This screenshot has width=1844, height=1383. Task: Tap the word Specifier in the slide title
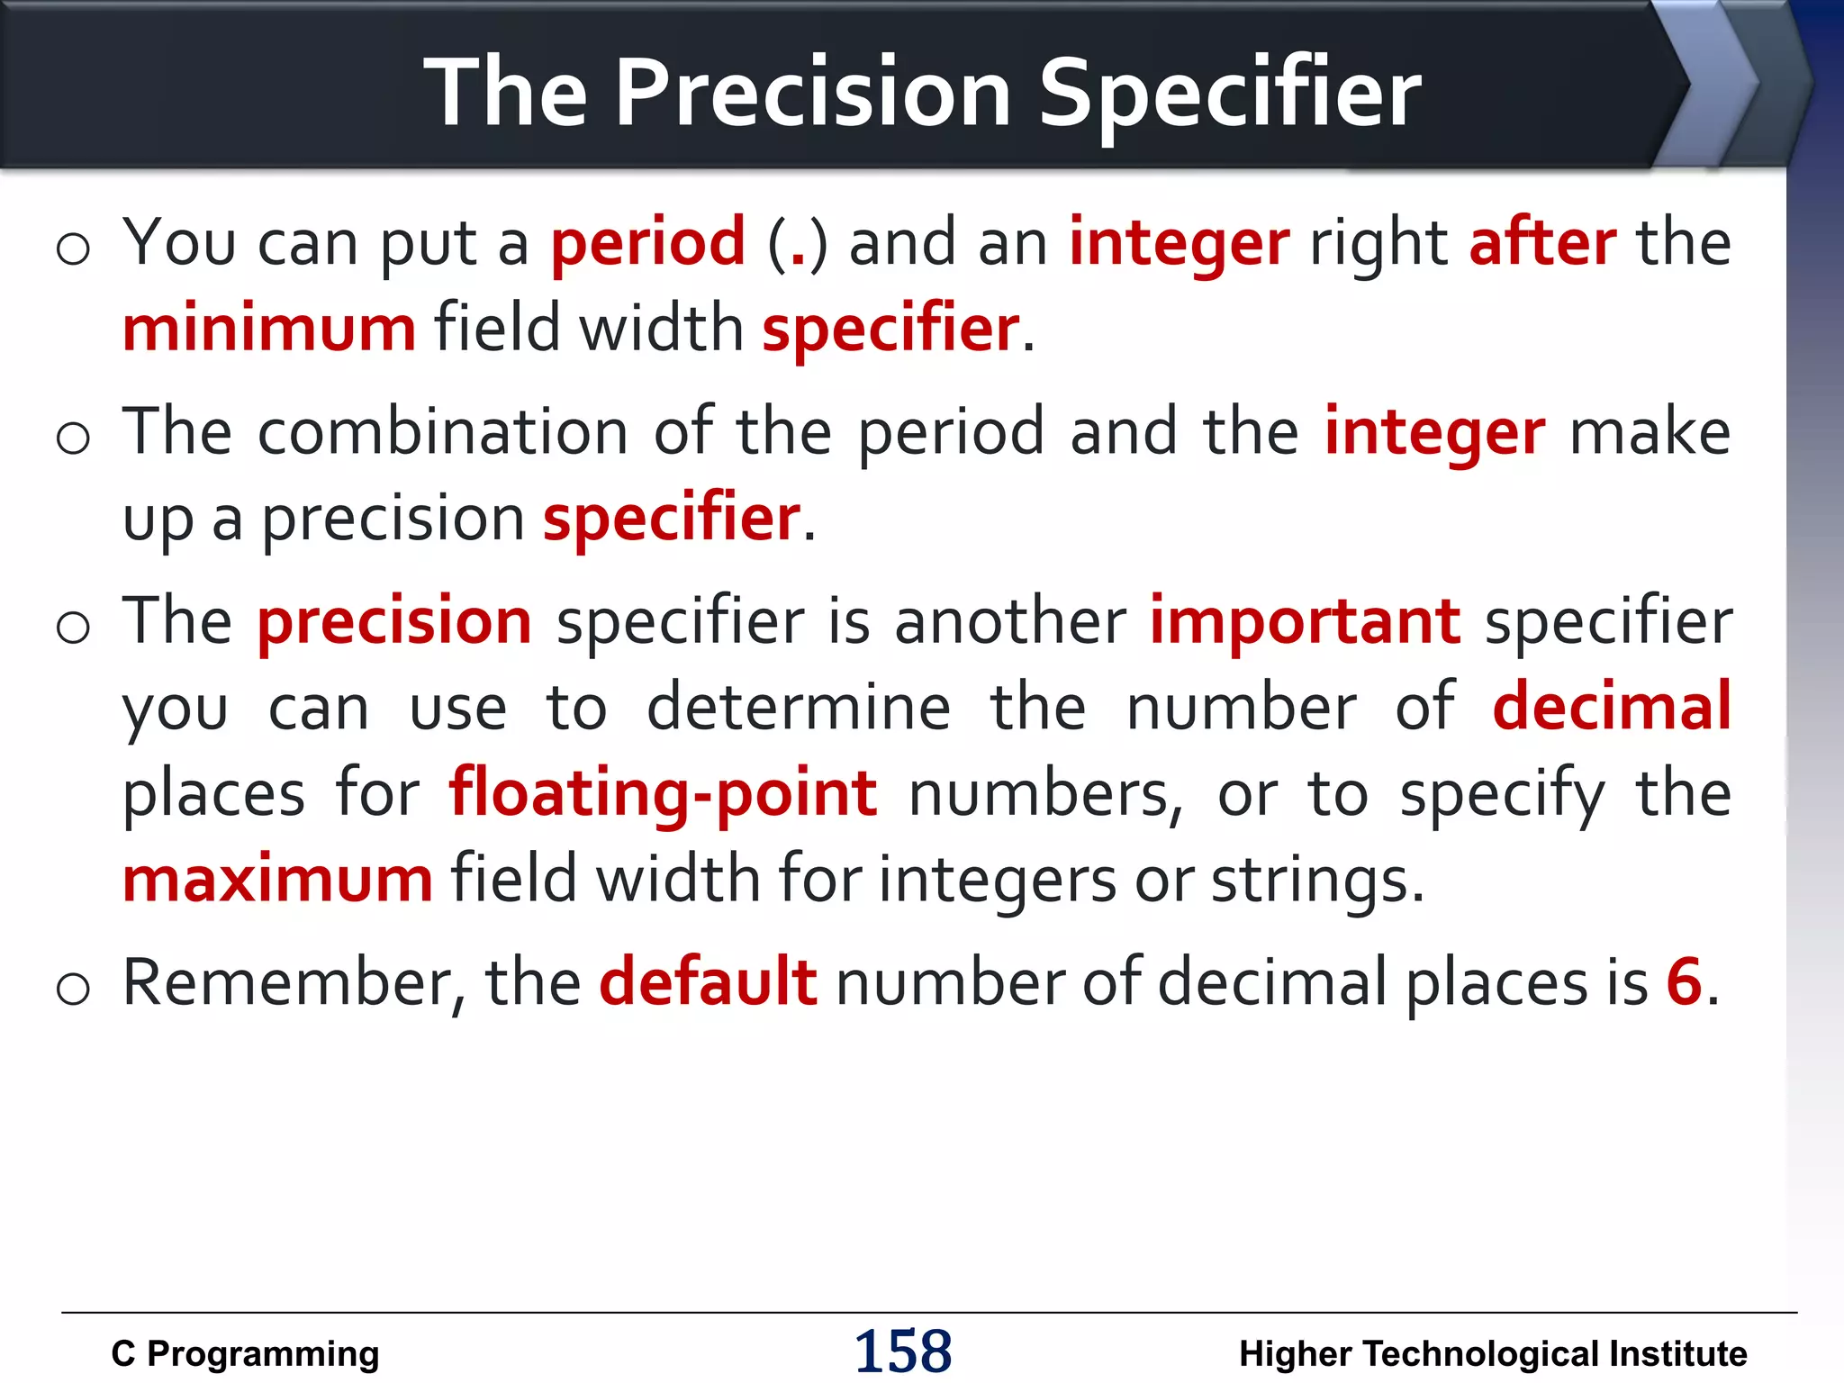[x=1229, y=93]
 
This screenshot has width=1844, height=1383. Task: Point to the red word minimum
[x=269, y=329]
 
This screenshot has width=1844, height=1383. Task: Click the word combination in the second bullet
[x=442, y=432]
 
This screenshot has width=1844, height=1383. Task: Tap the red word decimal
[x=1612, y=707]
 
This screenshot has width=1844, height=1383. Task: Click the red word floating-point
[x=663, y=793]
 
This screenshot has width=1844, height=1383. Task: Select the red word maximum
[x=277, y=879]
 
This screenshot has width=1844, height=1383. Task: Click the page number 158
[x=902, y=1351]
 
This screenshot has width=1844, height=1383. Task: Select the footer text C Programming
[x=245, y=1354]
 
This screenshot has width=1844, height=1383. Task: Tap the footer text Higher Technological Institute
[x=1492, y=1354]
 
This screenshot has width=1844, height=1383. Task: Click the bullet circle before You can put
[x=73, y=249]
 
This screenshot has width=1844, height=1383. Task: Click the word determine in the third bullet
[x=798, y=707]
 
